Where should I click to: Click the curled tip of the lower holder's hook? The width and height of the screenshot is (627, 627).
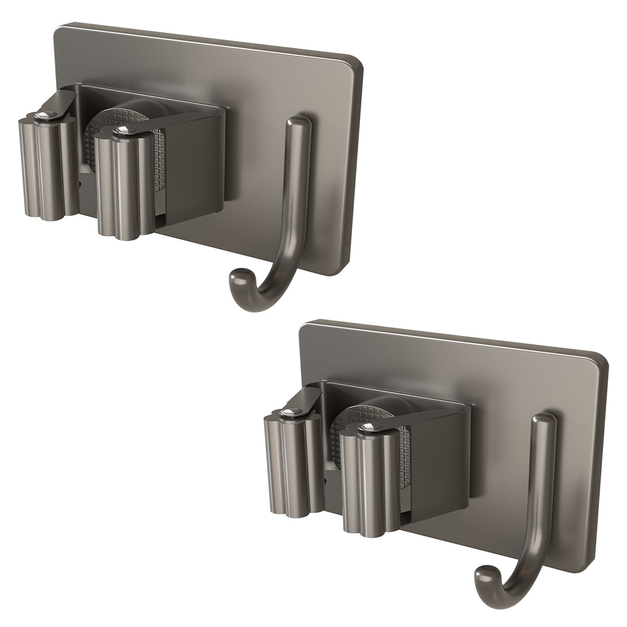[x=483, y=575]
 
